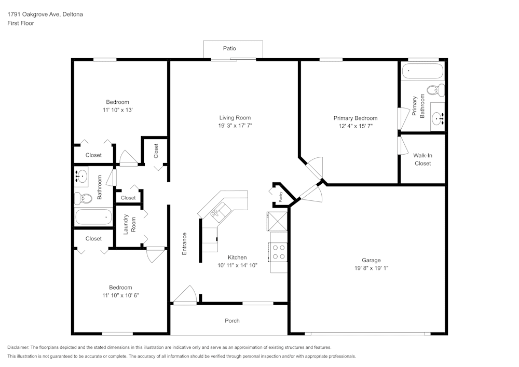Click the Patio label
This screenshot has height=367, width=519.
229,48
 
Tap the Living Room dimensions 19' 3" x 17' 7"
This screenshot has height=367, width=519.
235,126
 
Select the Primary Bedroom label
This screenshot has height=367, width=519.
356,118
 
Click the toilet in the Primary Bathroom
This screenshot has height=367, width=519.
435,90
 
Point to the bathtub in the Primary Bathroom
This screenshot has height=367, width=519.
422,71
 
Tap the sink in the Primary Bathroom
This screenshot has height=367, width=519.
438,117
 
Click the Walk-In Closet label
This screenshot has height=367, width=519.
422,159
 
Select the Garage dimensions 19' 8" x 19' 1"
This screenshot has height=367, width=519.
372,268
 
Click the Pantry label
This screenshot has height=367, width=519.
281,197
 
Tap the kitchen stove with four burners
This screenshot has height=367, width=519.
279,252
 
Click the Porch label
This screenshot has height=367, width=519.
232,321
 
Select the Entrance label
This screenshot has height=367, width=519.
184,244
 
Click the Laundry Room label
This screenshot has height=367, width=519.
129,224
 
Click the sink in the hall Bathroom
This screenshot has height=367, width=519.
81,176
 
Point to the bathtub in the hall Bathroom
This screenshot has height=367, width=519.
93,217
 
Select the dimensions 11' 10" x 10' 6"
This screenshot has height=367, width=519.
120,295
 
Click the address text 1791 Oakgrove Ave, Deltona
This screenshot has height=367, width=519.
45,14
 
